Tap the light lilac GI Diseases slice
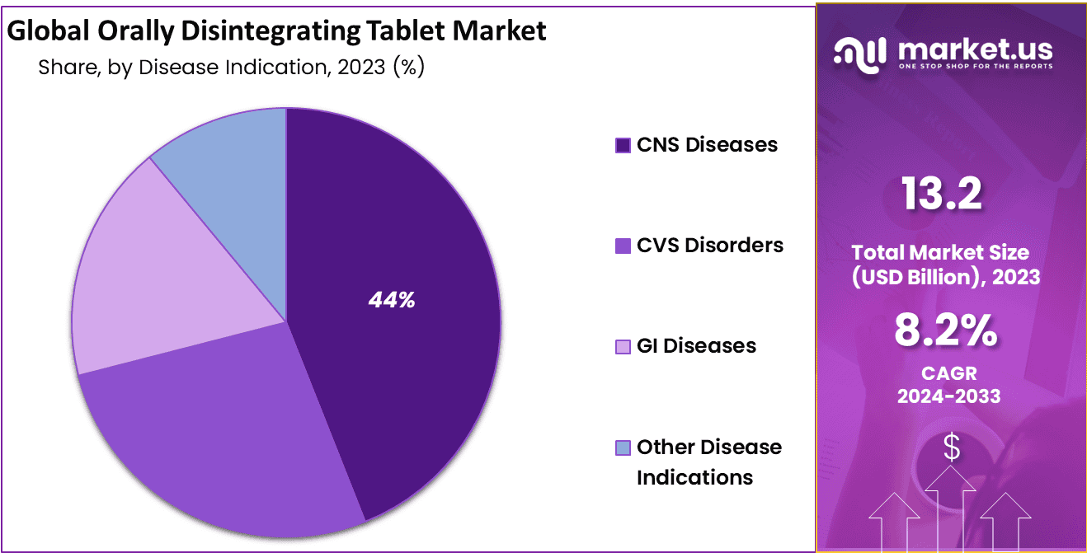pos(157,280)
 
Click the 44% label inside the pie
pos(392,301)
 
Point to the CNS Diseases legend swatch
pos(623,145)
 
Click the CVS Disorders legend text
pos(710,245)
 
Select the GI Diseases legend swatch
pos(623,346)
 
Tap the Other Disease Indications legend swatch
pos(623,448)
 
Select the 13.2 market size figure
pos(941,194)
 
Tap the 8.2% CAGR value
pos(945,332)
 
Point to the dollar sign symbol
pos(952,448)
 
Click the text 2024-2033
pos(948,396)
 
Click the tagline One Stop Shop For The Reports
pos(976,66)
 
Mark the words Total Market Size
pos(940,252)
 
